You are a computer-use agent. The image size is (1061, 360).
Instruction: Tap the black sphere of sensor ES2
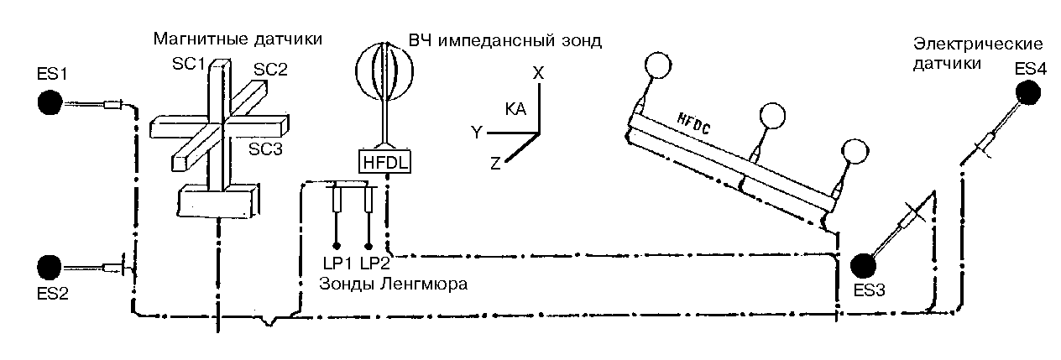(x=50, y=268)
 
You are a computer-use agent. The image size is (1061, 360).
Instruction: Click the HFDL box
(x=385, y=161)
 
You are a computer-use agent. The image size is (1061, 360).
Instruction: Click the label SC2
(x=271, y=70)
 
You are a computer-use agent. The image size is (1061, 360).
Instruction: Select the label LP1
(x=335, y=263)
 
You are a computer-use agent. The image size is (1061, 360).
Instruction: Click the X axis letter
(x=539, y=73)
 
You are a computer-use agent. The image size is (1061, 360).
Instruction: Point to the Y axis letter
(x=476, y=132)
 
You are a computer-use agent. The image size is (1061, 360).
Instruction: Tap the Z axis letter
(x=495, y=164)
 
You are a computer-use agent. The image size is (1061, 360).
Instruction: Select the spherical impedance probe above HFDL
(x=384, y=70)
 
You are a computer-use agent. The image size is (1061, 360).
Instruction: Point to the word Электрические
(x=978, y=44)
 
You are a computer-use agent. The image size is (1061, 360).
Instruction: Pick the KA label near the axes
(x=516, y=109)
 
